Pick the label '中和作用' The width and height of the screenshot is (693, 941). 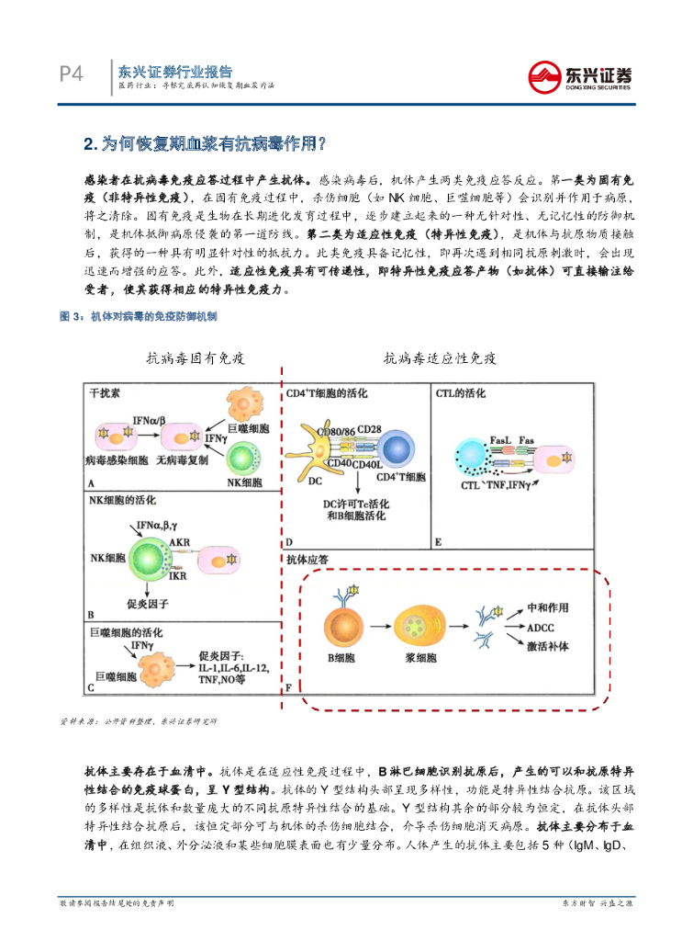(x=548, y=609)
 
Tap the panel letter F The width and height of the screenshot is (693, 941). (x=290, y=686)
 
